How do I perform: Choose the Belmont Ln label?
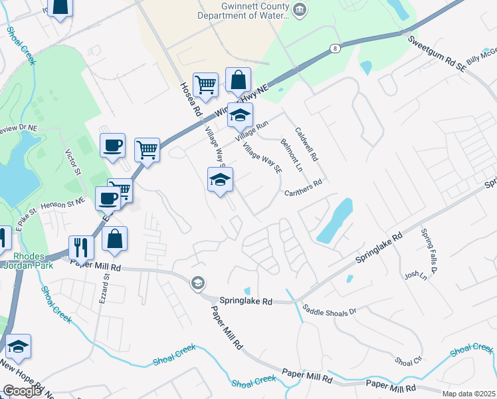click(291, 154)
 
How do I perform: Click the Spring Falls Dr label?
click(427, 251)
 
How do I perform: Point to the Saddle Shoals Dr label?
click(330, 310)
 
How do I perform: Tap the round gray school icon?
click(197, 284)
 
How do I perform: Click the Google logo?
click(21, 391)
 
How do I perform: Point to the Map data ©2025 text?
click(468, 394)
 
